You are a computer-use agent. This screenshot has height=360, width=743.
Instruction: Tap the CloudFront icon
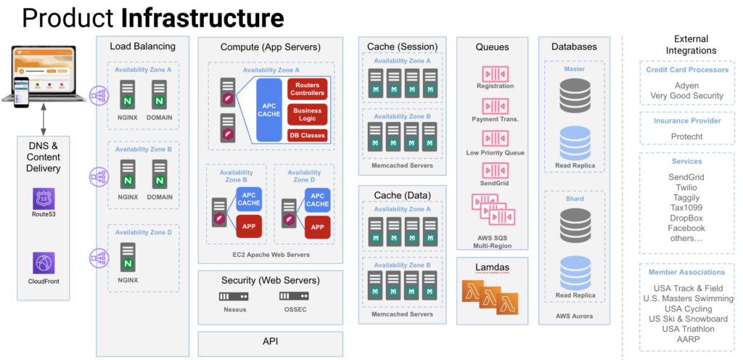pyautogui.click(x=44, y=263)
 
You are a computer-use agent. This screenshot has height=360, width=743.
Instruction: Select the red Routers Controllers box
pyautogui.click(x=308, y=89)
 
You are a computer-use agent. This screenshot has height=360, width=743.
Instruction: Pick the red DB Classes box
pyautogui.click(x=308, y=135)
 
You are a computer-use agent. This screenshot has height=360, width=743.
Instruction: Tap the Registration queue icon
pyautogui.click(x=495, y=73)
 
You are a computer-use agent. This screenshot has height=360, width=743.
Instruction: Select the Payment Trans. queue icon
pyautogui.click(x=495, y=107)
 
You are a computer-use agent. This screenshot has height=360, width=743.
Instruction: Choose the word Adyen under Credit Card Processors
pyautogui.click(x=686, y=86)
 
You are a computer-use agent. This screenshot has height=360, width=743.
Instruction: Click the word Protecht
pyautogui.click(x=686, y=136)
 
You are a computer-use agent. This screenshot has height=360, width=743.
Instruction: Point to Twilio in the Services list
pyautogui.click(x=686, y=187)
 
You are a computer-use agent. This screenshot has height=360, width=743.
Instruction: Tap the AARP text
pyautogui.click(x=686, y=339)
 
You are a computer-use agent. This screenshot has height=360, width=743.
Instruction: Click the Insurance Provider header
pyautogui.click(x=686, y=120)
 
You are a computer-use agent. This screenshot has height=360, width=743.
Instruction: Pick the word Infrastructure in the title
pyautogui.click(x=202, y=17)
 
